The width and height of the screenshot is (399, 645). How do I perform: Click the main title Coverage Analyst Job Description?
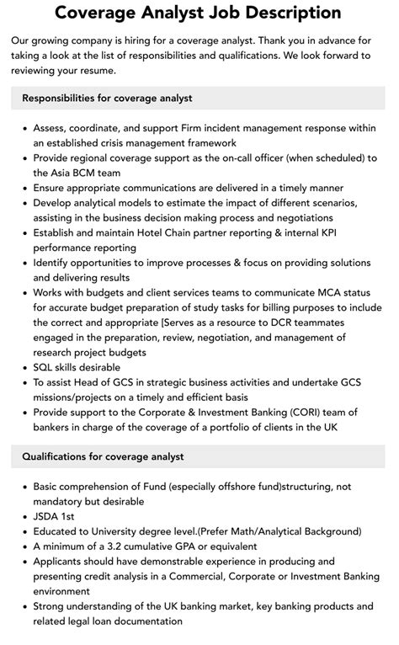[x=199, y=13]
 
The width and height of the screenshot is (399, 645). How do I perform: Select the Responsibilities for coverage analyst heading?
[x=107, y=98]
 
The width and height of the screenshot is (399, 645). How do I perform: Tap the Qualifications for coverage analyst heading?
[x=102, y=456]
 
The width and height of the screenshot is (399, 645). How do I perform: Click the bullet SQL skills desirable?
[x=77, y=367]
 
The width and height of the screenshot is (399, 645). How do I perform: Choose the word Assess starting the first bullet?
[x=52, y=128]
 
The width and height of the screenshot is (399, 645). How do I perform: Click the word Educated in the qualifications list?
[x=58, y=531]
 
